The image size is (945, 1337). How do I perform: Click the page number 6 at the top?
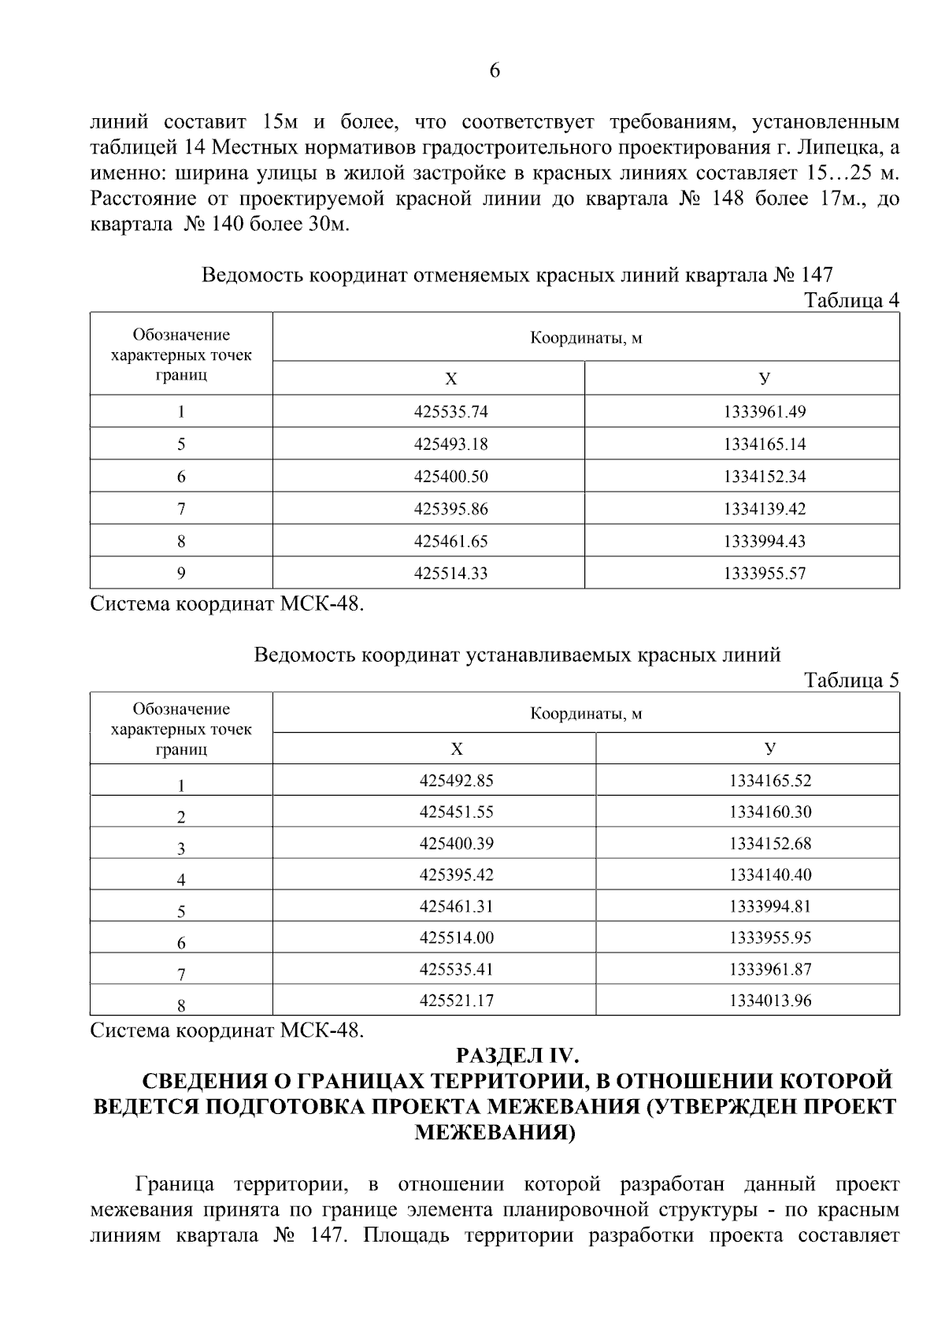click(495, 71)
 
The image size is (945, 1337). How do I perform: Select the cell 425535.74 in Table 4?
click(450, 411)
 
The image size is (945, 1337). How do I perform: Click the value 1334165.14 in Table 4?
click(764, 444)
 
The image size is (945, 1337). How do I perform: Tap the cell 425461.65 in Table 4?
click(450, 541)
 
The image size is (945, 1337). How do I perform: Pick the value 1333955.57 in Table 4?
click(764, 574)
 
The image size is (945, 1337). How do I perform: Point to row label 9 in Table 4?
click(181, 574)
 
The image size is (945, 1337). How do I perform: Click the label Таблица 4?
click(851, 300)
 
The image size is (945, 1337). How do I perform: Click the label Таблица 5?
click(851, 680)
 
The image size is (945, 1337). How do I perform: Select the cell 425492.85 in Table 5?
click(456, 781)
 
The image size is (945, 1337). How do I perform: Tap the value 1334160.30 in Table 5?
click(769, 812)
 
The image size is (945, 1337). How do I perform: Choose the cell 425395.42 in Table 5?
click(456, 875)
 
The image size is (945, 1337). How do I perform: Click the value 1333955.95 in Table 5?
click(769, 938)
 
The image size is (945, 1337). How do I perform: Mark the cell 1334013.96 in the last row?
click(769, 1001)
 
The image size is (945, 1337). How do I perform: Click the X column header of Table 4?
click(450, 380)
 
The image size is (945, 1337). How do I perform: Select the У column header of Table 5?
click(769, 748)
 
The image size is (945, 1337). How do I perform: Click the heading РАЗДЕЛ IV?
click(517, 1055)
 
